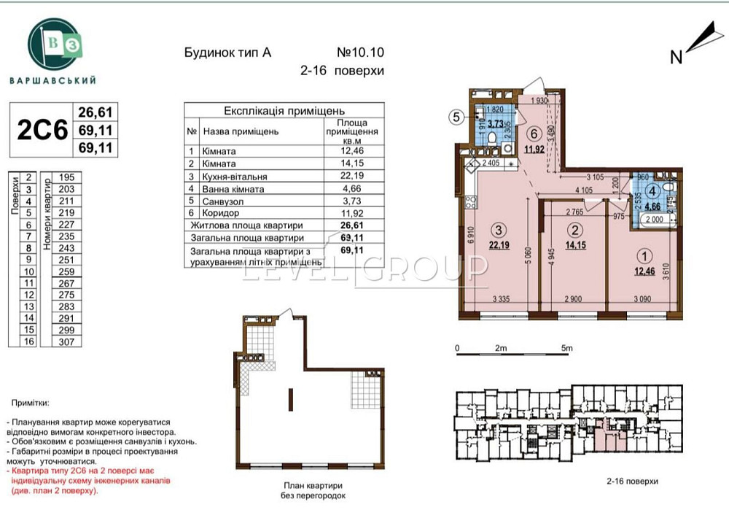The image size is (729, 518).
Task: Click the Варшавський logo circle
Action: [x=53, y=44]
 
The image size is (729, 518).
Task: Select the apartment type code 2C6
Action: [x=42, y=129]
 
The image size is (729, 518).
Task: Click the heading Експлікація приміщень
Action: [x=284, y=111]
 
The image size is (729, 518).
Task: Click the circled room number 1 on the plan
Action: [x=644, y=256]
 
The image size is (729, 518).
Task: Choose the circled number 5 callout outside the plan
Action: [x=454, y=117]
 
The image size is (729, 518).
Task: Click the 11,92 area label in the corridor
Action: [x=534, y=150]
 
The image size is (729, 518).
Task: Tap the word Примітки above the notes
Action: [x=30, y=403]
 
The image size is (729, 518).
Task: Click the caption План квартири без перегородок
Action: [x=311, y=490]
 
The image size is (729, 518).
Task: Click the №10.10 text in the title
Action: [x=359, y=53]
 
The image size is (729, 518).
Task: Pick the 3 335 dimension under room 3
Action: [x=500, y=299]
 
